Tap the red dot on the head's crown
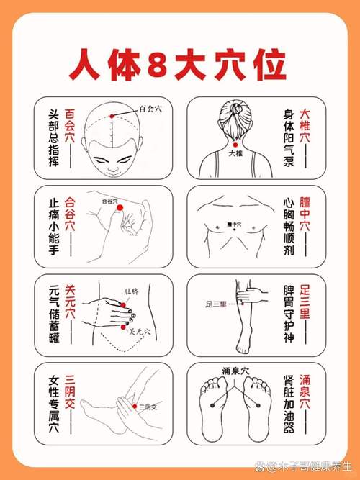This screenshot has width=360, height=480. (111, 116)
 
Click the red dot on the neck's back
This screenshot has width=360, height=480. (235, 145)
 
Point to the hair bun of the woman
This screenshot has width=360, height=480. (235, 109)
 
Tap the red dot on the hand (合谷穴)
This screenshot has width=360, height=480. (120, 207)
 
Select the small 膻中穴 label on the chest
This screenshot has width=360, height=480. (232, 225)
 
